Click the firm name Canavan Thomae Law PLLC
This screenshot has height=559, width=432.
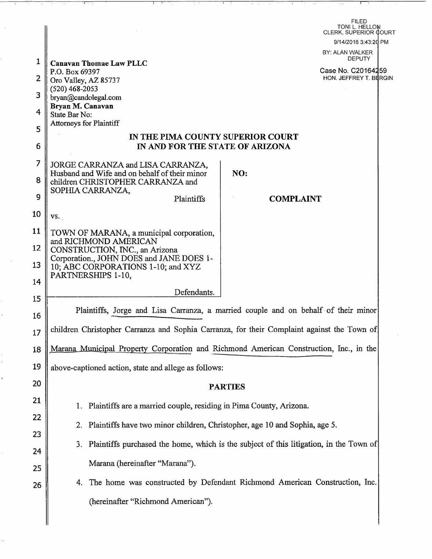(x=99, y=63)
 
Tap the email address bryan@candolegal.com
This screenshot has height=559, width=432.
(x=86, y=97)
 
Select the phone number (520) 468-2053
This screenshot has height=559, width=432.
(x=74, y=89)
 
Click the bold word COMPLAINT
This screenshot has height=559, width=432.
(x=295, y=199)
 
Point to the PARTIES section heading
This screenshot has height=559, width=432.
(x=227, y=387)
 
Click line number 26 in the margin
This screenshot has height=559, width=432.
(x=37, y=485)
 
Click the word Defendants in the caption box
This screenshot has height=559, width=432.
(x=194, y=292)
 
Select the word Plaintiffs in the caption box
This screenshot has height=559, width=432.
(x=189, y=199)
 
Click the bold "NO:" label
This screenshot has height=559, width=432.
(x=240, y=173)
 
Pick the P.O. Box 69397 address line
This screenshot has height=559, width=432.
(x=75, y=72)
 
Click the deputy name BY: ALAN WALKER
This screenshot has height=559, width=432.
(x=347, y=53)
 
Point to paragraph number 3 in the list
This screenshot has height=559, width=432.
(x=78, y=444)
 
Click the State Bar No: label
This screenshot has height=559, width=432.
(x=71, y=115)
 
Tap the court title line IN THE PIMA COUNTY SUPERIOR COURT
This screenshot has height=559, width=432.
(x=213, y=137)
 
